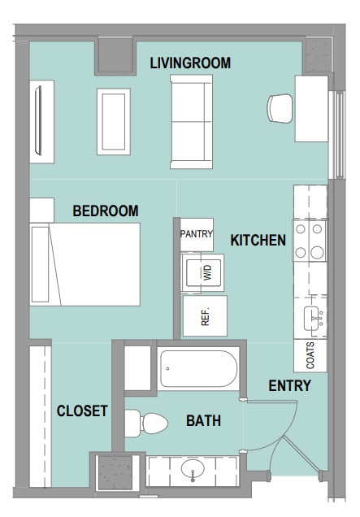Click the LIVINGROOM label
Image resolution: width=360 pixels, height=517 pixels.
(190, 63)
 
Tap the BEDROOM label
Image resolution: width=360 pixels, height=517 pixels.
(106, 211)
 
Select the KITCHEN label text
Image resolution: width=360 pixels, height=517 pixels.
(258, 241)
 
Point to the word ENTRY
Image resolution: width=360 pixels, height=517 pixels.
(290, 386)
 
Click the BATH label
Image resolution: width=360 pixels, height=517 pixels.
(203, 421)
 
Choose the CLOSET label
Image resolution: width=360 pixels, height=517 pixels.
(82, 411)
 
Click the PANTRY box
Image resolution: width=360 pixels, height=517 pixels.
(197, 234)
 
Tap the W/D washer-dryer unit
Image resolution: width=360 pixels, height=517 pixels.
(202, 272)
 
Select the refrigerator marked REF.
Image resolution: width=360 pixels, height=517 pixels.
(205, 316)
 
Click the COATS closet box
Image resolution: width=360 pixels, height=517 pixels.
(310, 355)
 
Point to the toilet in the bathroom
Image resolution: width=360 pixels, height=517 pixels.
(146, 424)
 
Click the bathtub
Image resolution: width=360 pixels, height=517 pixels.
(198, 368)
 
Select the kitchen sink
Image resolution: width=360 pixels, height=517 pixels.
(313, 318)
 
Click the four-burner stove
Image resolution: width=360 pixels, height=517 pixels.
(310, 241)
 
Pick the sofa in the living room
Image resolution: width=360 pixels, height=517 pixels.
(191, 122)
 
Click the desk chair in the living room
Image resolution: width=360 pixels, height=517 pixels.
(280, 108)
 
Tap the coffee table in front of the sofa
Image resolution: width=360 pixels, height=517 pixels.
(114, 122)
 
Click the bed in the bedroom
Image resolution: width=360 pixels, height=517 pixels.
(85, 264)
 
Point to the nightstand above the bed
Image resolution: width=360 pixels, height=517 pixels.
(42, 210)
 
